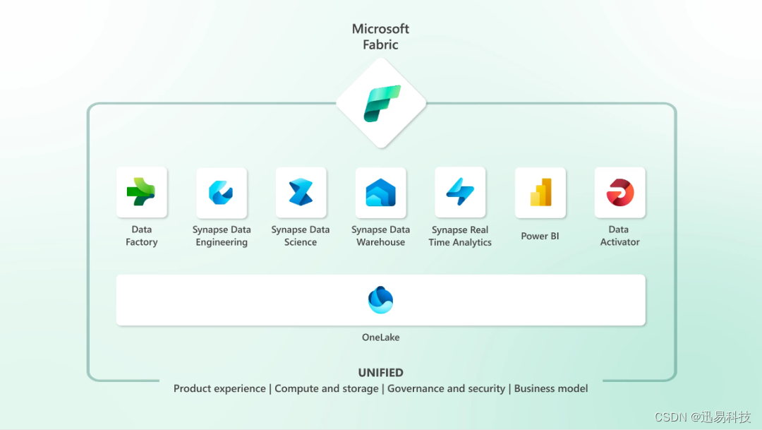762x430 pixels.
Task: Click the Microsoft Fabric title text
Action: point(380,37)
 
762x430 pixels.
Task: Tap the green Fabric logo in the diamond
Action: point(381,103)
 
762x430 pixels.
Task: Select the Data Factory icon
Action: point(141,191)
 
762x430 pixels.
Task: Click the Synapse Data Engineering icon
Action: point(221,192)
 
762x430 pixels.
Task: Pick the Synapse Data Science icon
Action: point(301,192)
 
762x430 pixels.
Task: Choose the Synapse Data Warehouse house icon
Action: point(380,192)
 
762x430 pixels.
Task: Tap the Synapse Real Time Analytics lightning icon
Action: point(460,192)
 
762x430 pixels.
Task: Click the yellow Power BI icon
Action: point(540,192)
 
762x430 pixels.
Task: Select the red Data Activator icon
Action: point(619,192)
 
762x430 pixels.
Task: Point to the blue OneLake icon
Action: point(380,300)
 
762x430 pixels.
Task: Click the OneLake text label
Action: point(380,338)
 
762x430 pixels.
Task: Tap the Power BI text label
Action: point(540,236)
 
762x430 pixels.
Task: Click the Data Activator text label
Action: point(619,236)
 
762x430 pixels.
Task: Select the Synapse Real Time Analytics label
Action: point(460,236)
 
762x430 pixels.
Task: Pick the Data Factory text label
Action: point(141,236)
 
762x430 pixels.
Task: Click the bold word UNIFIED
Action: point(380,373)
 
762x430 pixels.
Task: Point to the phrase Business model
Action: point(551,388)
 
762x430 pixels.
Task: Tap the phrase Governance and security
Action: point(446,388)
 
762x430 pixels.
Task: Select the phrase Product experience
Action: point(219,388)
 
